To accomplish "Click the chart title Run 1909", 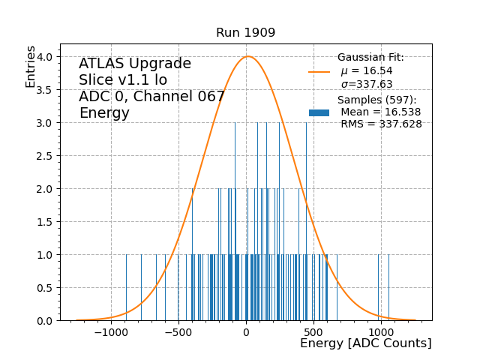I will coord(245,33).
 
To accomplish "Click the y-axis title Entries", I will coord(31,66).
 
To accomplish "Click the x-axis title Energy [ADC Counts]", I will coord(365,343).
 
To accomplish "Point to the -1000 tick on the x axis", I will coord(111,332).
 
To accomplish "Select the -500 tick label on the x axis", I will coord(178,332).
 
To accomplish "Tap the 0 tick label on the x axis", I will coord(246,332).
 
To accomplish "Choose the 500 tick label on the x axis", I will coord(313,332).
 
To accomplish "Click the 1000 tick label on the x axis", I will coord(380,332).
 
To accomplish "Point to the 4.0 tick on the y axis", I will coord(46,57).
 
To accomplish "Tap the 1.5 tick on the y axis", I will coord(46,222).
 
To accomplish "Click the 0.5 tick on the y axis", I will coord(46,288).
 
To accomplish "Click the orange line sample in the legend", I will coord(319,72).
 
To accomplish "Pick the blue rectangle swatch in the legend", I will coord(319,112).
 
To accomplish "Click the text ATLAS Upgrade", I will coord(135,64).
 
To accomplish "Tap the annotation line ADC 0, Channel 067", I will coord(151,97).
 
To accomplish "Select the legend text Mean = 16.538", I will coord(380,112).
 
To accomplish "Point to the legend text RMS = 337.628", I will coord(381,124).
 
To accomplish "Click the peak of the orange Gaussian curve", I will coord(248,56).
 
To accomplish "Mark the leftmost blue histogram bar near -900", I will coord(126,288).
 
